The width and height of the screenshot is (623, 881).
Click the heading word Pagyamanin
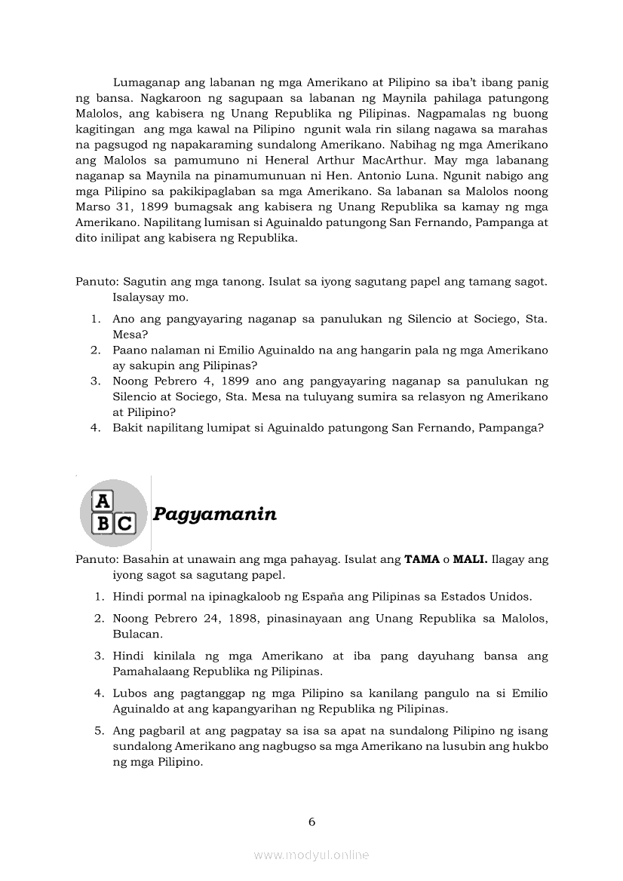[214, 515]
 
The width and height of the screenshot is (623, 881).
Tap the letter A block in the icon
[102, 500]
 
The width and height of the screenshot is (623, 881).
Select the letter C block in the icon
[124, 523]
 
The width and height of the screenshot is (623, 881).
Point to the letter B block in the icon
[103, 523]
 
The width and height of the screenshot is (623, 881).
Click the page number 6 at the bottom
[311, 821]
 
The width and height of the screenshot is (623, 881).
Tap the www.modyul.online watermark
[311, 855]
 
